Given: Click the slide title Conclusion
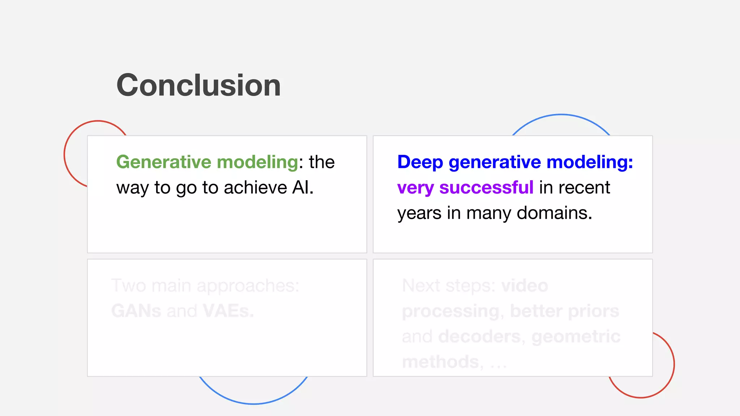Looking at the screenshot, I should click(198, 85).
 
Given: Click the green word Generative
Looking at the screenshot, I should click(163, 162).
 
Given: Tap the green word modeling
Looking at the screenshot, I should click(257, 162).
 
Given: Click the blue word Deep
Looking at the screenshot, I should click(420, 162).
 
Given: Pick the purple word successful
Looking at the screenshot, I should click(486, 188).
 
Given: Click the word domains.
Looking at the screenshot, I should click(554, 213).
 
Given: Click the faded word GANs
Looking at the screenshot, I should click(136, 311).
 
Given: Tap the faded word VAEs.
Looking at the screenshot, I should click(228, 311).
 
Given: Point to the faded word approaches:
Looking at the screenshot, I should click(248, 286).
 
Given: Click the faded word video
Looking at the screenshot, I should click(525, 286).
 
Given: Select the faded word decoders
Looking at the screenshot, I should click(481, 337).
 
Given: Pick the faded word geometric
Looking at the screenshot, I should click(576, 337).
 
